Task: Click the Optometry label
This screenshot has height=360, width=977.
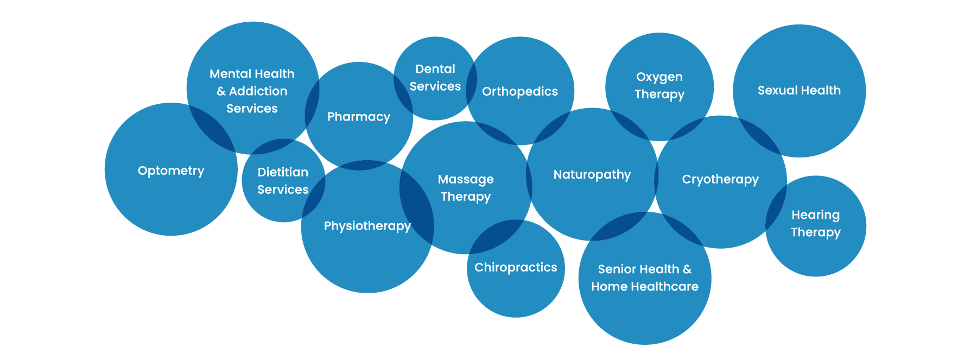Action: pyautogui.click(x=171, y=170)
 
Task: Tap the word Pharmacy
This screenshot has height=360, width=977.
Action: pyautogui.click(x=359, y=117)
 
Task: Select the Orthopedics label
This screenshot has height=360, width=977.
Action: pyautogui.click(x=520, y=91)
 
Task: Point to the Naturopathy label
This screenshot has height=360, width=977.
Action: pyautogui.click(x=592, y=175)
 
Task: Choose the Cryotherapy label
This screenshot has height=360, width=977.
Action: pyautogui.click(x=720, y=179)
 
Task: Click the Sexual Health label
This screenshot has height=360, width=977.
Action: pyautogui.click(x=799, y=90)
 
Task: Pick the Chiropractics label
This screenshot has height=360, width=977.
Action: pyautogui.click(x=516, y=267)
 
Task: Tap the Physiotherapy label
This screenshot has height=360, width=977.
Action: pyautogui.click(x=367, y=226)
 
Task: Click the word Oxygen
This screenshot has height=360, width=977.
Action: pyautogui.click(x=659, y=77)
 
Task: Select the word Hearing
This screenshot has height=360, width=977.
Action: pyautogui.click(x=815, y=215)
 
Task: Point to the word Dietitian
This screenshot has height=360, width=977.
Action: pyautogui.click(x=283, y=172)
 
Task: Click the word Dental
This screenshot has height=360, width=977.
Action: pyautogui.click(x=435, y=69)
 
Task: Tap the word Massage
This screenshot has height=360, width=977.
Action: pyautogui.click(x=466, y=179)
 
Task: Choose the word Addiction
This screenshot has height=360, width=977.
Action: pyautogui.click(x=258, y=91)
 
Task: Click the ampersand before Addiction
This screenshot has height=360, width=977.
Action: pyautogui.click(x=221, y=91)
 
